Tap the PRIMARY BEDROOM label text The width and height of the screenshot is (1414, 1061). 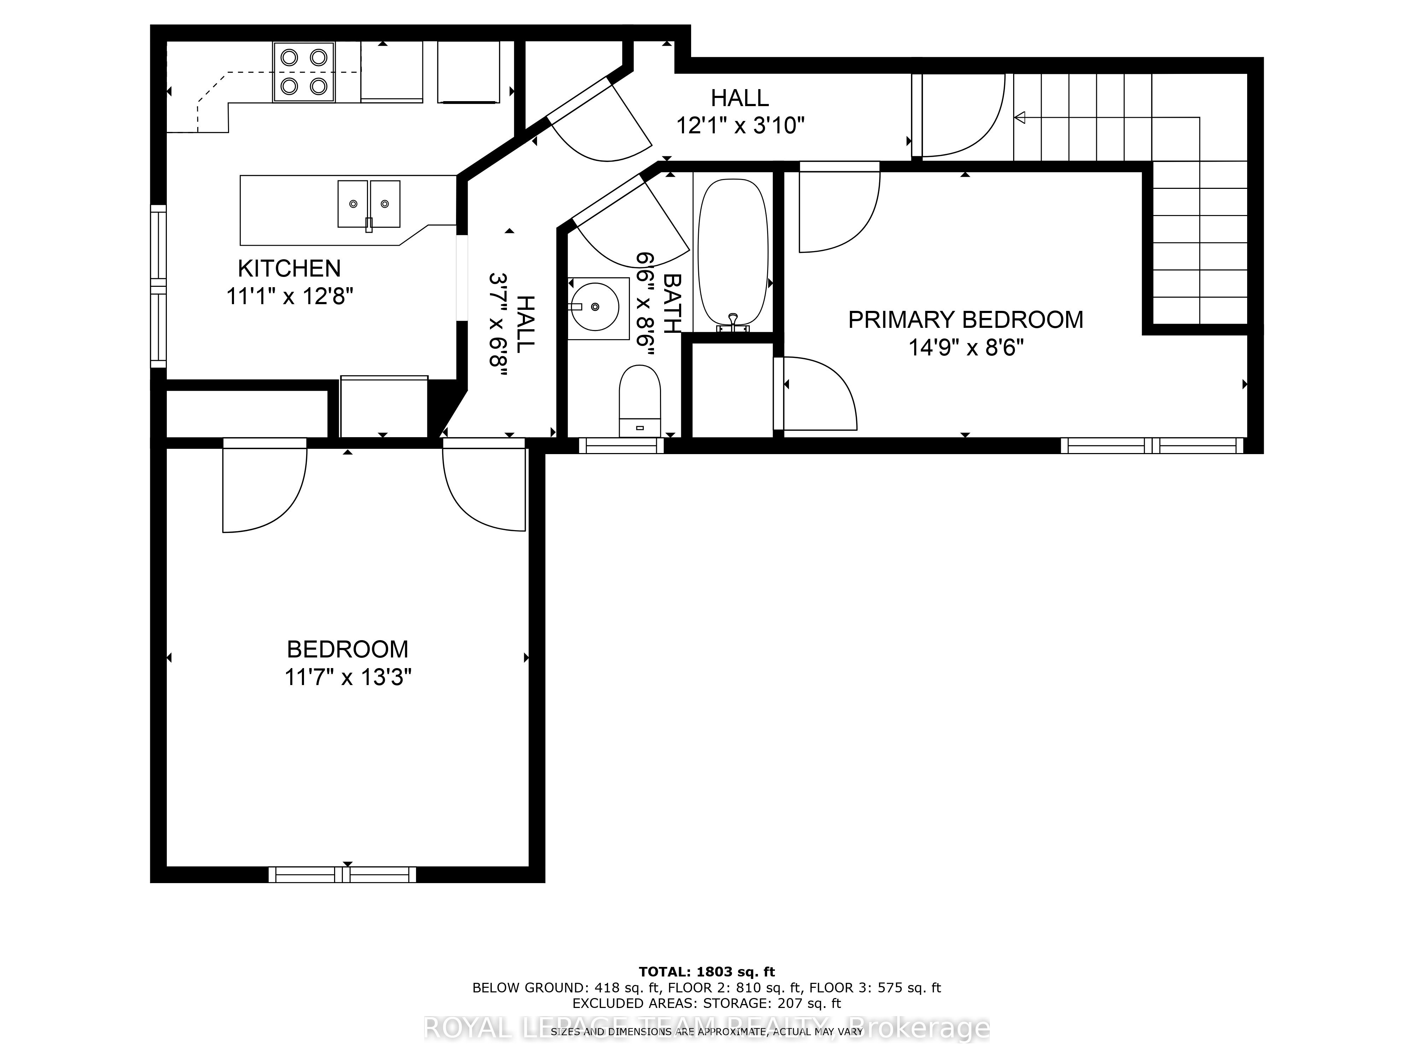click(965, 320)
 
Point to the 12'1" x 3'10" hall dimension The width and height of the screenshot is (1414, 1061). click(740, 125)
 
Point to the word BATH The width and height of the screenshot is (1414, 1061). click(672, 303)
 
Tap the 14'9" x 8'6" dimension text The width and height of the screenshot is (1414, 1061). click(966, 349)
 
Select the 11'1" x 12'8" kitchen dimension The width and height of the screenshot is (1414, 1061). click(290, 297)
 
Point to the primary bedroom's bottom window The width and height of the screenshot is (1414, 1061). click(1152, 446)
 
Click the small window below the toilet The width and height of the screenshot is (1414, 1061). click(621, 446)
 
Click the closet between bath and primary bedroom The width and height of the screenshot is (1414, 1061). click(732, 390)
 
